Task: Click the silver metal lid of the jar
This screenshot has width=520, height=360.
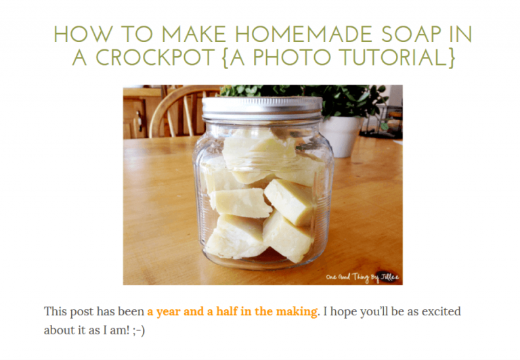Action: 262,108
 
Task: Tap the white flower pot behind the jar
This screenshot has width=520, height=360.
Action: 341,135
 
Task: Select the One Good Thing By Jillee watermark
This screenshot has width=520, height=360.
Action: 362,277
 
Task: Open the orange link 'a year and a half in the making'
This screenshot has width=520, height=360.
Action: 232,311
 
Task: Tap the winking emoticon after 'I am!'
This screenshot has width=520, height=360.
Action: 138,330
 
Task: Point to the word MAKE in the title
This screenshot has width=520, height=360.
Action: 194,34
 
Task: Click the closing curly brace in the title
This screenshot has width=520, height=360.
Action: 452,58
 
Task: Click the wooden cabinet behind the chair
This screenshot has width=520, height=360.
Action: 136,113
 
